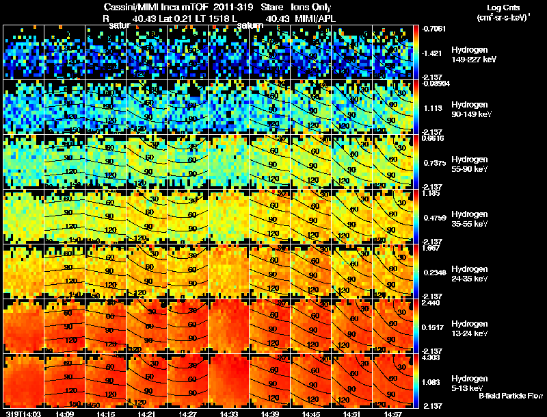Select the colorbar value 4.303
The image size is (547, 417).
(431, 357)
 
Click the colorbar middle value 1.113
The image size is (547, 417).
(431, 108)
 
